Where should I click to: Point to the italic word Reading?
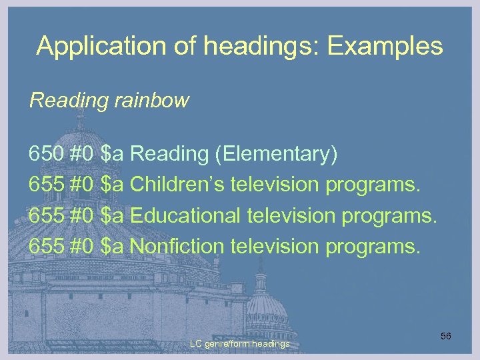[68, 101]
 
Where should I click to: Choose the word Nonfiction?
[177, 246]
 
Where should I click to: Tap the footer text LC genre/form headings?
[240, 344]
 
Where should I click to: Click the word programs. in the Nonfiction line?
[373, 246]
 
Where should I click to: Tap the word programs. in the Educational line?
[389, 215]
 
